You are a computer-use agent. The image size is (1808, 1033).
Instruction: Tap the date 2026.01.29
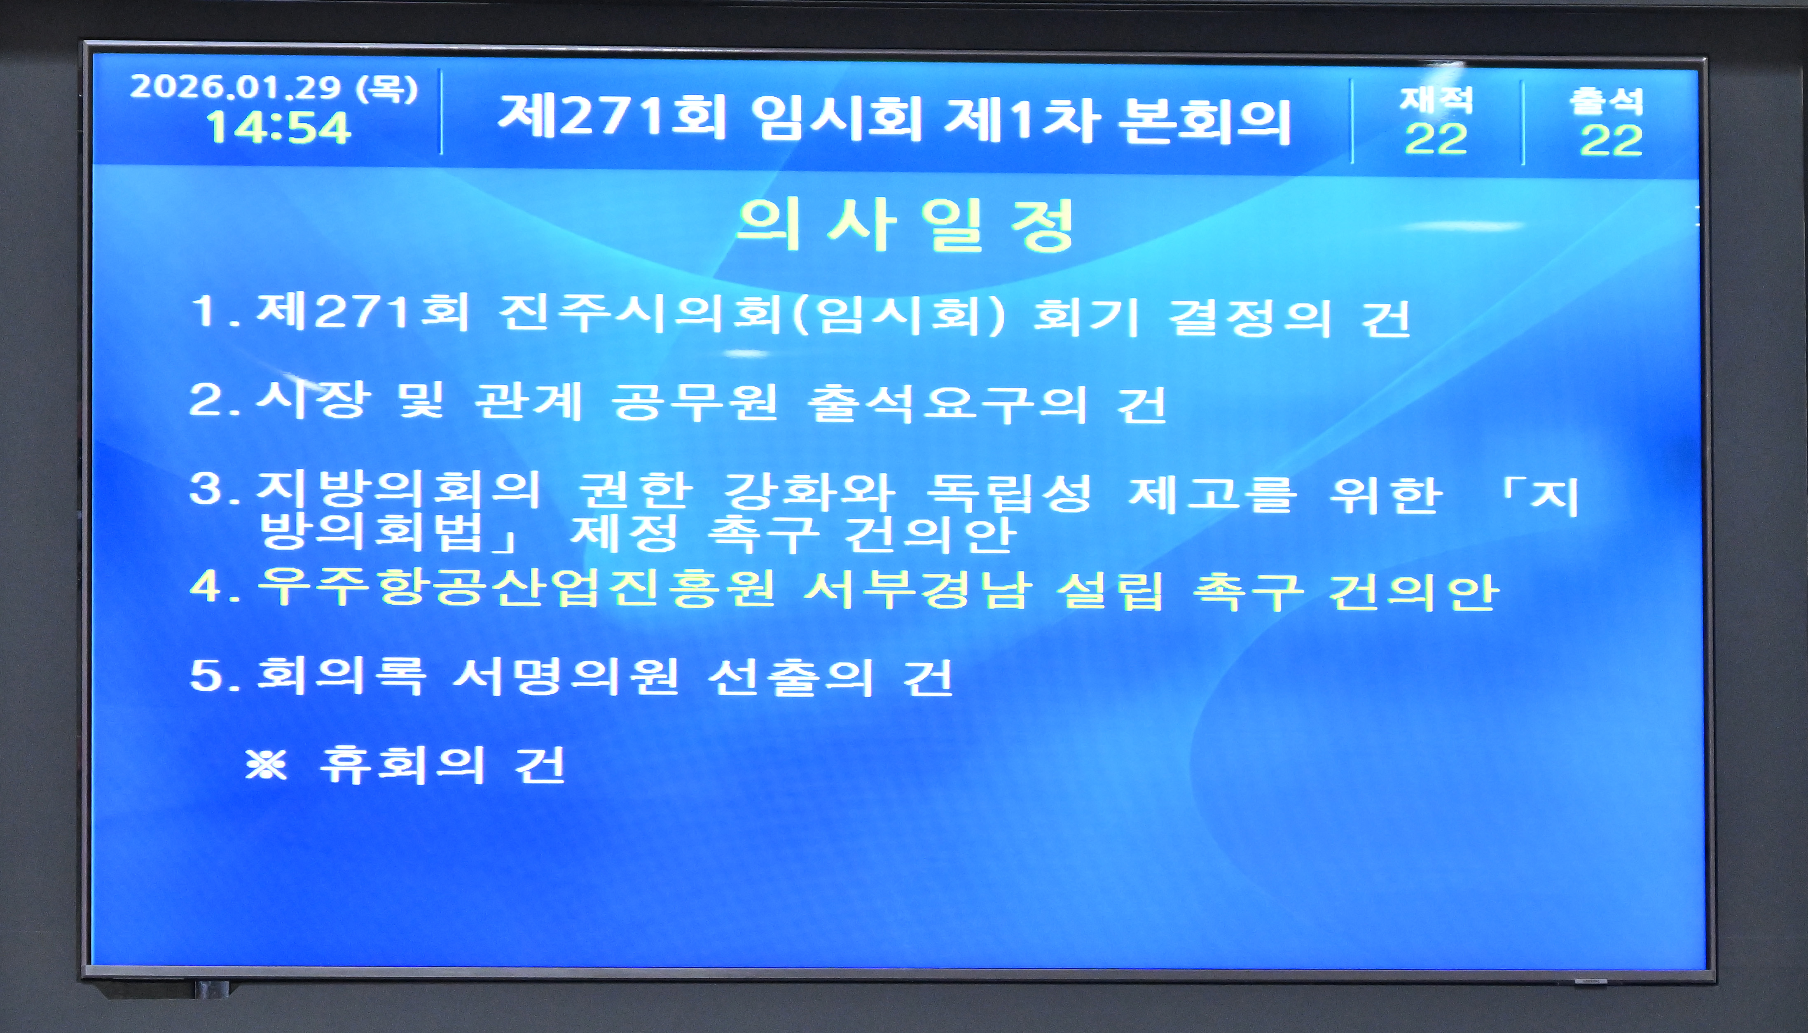pyautogui.click(x=236, y=87)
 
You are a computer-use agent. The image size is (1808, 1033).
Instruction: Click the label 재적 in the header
pyautogui.click(x=1436, y=99)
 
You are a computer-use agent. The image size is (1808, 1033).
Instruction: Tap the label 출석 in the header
pyautogui.click(x=1607, y=101)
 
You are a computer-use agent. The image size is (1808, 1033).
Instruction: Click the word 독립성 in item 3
pyautogui.click(x=1009, y=492)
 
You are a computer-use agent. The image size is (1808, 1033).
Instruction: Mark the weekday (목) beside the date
pyautogui.click(x=387, y=89)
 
